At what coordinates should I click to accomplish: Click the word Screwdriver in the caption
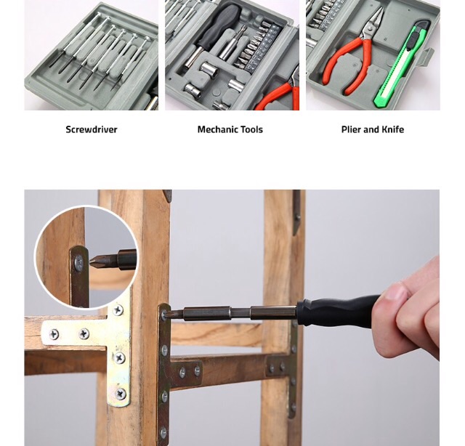tap(92, 129)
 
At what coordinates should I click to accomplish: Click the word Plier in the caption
tap(351, 129)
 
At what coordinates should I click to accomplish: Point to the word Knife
tap(392, 129)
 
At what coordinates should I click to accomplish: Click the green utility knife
tap(401, 64)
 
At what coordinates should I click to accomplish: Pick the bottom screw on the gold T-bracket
tap(121, 394)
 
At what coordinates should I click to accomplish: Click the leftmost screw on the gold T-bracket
tap(54, 334)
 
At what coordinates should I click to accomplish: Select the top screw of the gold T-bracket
tap(118, 310)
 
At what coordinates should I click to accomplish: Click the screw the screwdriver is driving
tap(164, 315)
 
